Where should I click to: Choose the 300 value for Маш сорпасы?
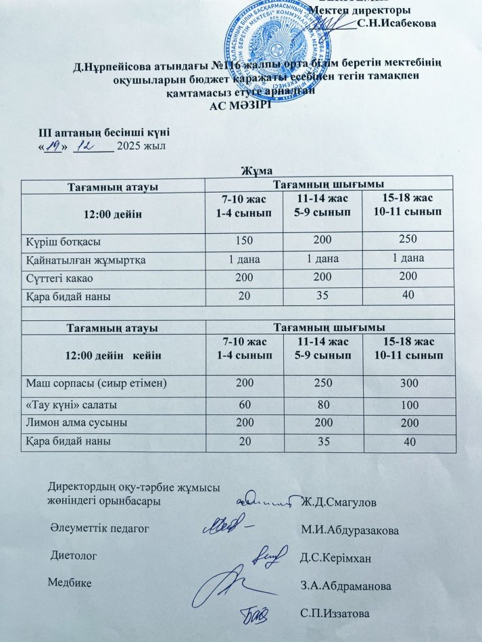tap(408, 385)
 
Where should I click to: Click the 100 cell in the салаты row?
tap(408, 404)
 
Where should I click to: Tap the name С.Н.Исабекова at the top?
tap(397, 23)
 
